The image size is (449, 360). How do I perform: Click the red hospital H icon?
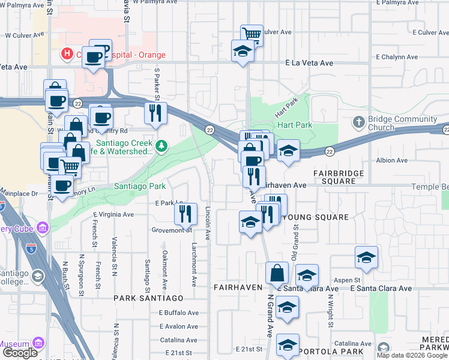click(x=66, y=54)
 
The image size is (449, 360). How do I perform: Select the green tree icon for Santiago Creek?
click(x=161, y=146)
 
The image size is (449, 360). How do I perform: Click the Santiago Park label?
click(x=140, y=187)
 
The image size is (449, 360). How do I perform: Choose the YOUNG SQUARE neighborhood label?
click(x=315, y=217)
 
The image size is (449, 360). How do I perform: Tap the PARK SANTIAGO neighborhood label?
click(x=149, y=298)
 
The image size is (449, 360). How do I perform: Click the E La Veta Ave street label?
click(x=309, y=62)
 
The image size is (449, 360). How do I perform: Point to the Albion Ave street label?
click(x=391, y=160)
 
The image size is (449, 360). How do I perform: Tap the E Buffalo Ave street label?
click(x=178, y=313)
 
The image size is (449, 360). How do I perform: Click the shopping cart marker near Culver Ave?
click(x=252, y=34)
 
